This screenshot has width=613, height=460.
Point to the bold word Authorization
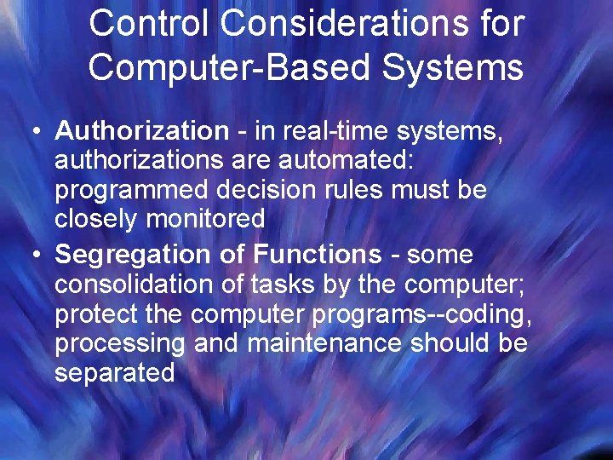click(141, 131)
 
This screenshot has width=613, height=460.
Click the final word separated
click(114, 372)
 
